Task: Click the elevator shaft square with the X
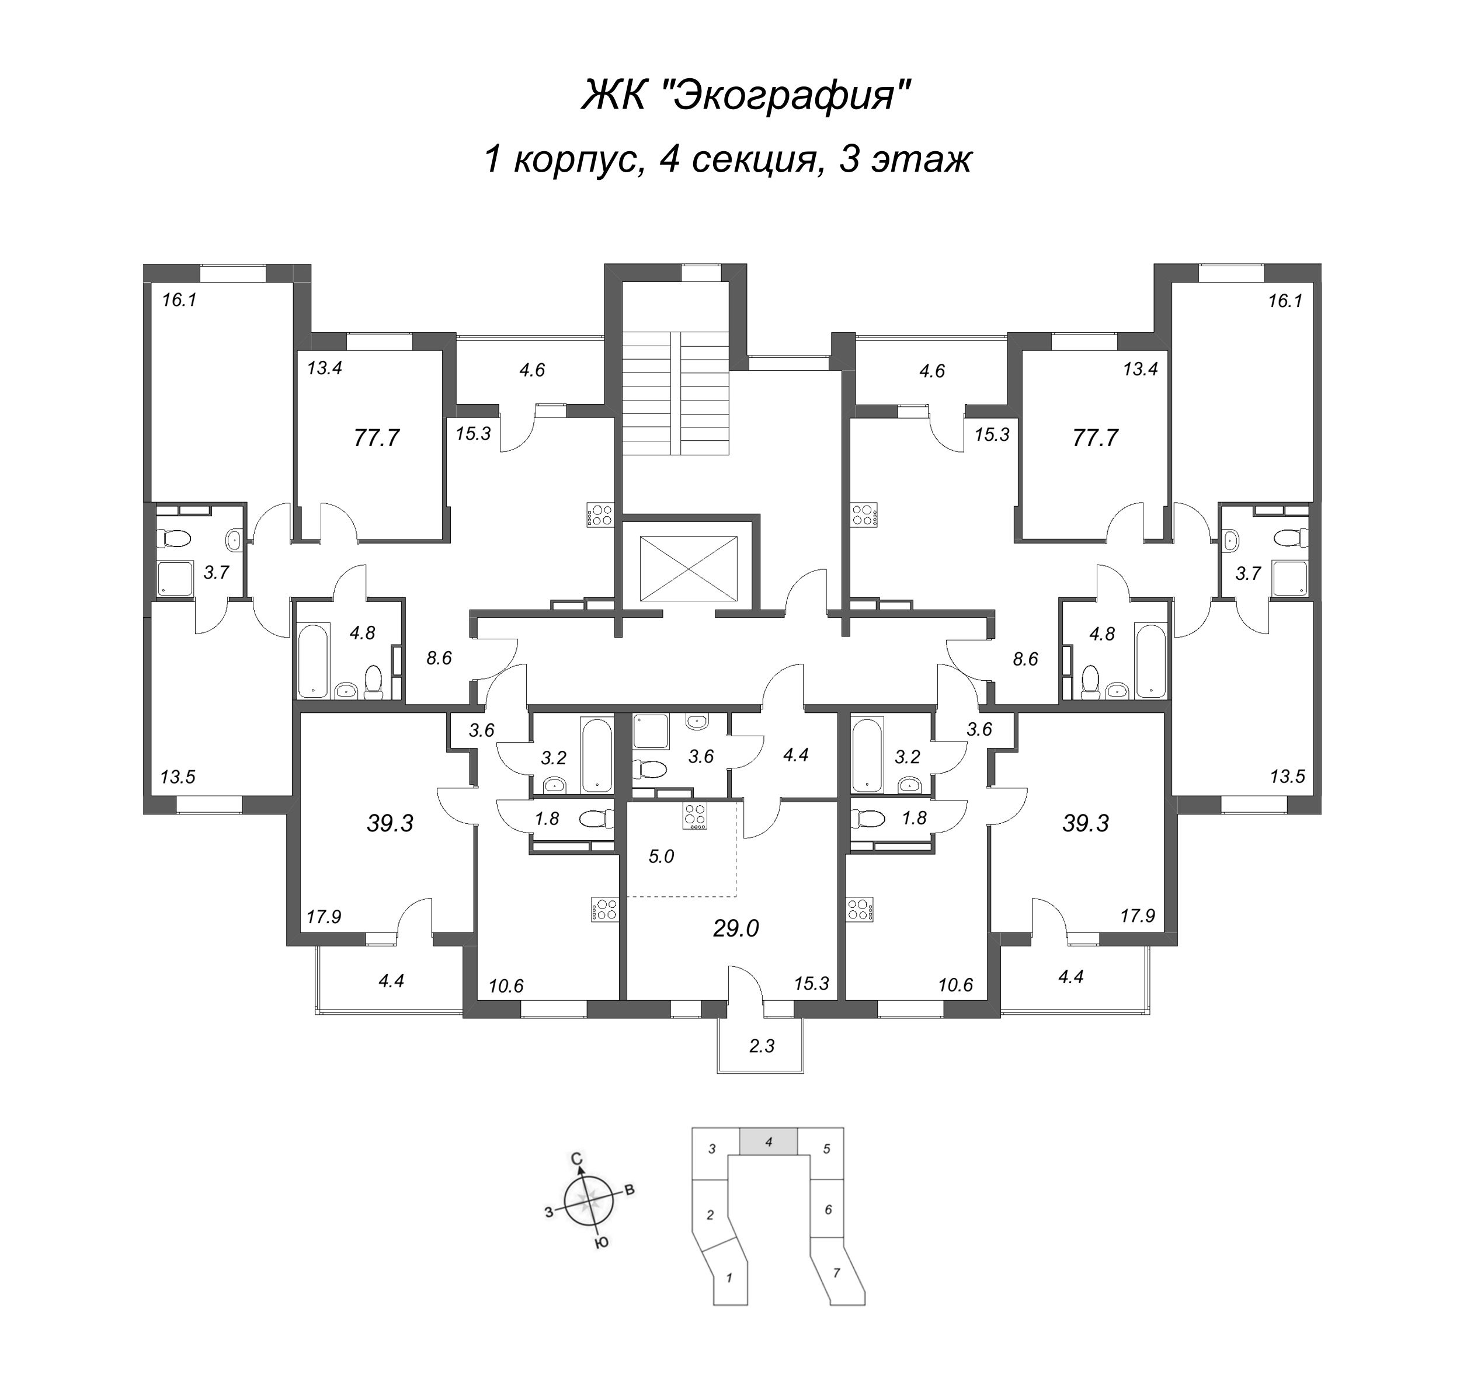pyautogui.click(x=688, y=568)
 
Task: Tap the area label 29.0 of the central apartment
pyautogui.click(x=736, y=929)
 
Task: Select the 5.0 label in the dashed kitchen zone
pyautogui.click(x=661, y=856)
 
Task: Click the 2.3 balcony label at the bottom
pyautogui.click(x=762, y=1045)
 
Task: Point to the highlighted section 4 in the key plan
pyautogui.click(x=768, y=1142)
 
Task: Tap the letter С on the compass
pyautogui.click(x=577, y=1158)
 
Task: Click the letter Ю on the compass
pyautogui.click(x=602, y=1242)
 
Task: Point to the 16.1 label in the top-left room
pyautogui.click(x=179, y=300)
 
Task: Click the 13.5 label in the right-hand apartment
pyautogui.click(x=1287, y=776)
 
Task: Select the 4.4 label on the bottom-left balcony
pyautogui.click(x=391, y=980)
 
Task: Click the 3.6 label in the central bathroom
pyautogui.click(x=701, y=756)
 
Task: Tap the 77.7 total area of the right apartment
pyautogui.click(x=1095, y=438)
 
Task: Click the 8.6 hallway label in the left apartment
pyautogui.click(x=439, y=658)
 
